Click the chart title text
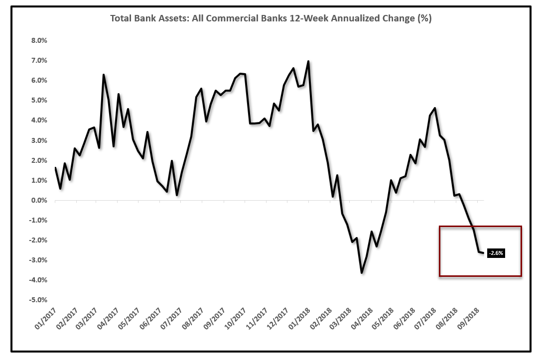coord(270,19)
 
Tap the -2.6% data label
coord(496,253)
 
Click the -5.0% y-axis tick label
coord(40,300)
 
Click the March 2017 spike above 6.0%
coord(103,75)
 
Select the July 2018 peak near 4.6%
coord(435,108)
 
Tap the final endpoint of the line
coord(483,253)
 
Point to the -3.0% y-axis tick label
coord(40,260)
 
